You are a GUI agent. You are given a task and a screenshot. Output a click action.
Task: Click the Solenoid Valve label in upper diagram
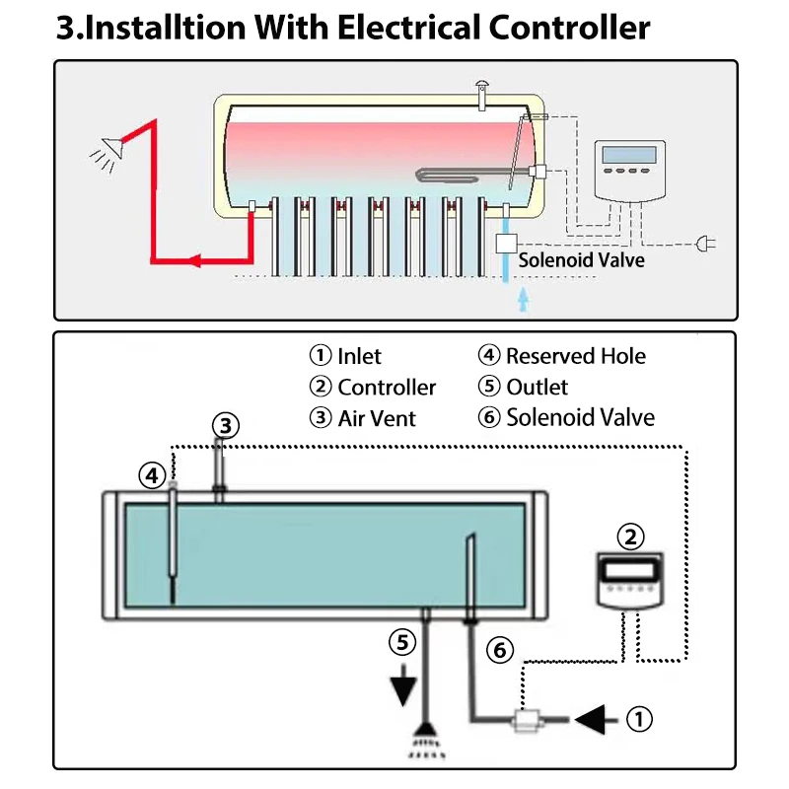(x=581, y=259)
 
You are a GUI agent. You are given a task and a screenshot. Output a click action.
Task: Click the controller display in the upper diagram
(x=628, y=155)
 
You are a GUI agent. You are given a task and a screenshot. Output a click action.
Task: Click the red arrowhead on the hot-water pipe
(x=194, y=261)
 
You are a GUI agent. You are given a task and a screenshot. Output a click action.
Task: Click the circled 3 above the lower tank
(x=226, y=426)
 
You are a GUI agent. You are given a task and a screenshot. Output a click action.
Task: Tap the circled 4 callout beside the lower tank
(x=151, y=476)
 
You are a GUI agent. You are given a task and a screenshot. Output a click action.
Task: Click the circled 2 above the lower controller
(x=630, y=538)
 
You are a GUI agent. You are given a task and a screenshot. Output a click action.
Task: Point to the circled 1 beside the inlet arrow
(x=640, y=720)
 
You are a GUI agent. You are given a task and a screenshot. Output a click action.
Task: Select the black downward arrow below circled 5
(x=402, y=688)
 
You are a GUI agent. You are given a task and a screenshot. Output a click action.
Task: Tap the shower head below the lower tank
(x=426, y=736)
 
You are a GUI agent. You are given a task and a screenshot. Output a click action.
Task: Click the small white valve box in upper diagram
(x=507, y=243)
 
